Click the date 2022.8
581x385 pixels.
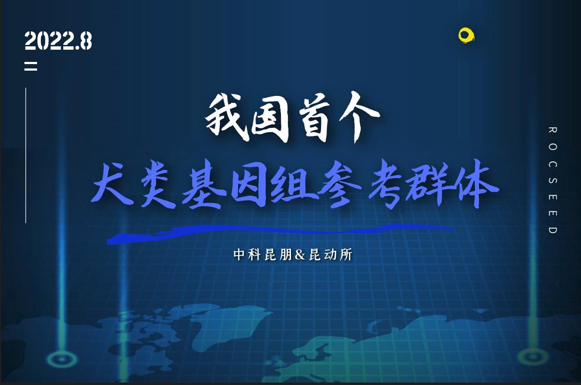[58, 41]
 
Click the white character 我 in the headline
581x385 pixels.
[226, 118]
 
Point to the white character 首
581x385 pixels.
[314, 119]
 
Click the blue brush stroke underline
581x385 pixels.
[280, 232]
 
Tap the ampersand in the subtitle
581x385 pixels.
[300, 255]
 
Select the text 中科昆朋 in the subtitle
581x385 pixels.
[263, 255]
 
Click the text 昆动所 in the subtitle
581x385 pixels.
[330, 255]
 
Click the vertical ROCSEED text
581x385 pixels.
[553, 180]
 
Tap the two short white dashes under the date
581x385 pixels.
[31, 66]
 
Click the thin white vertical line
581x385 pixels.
[26, 155]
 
